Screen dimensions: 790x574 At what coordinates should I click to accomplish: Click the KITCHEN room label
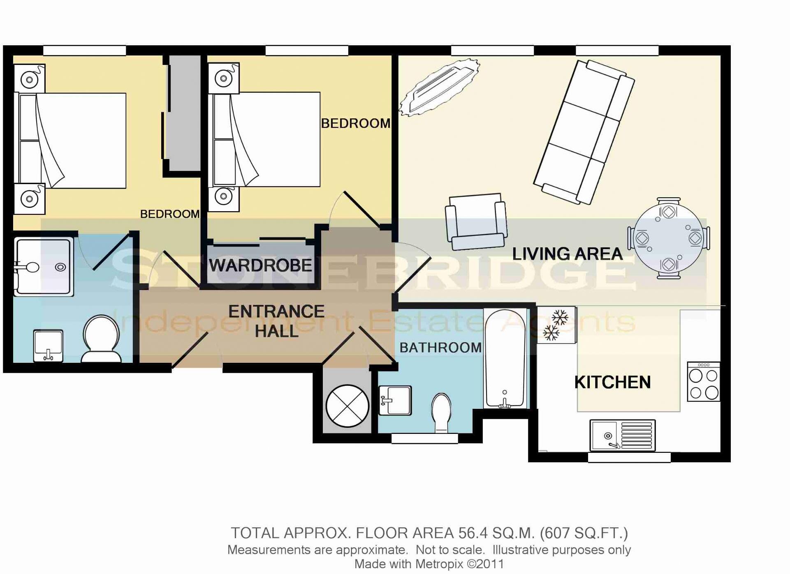pos(612,382)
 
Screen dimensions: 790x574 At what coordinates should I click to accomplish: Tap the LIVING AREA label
pos(567,254)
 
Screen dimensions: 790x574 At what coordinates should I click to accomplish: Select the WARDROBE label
pos(260,265)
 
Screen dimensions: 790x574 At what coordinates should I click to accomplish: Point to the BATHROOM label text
pos(440,348)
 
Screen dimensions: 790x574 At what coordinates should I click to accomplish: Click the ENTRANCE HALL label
pos(276,321)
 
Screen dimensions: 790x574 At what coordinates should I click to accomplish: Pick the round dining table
pos(668,238)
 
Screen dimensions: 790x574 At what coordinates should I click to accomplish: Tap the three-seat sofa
pos(584,132)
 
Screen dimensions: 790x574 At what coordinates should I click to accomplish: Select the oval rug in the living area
pos(440,87)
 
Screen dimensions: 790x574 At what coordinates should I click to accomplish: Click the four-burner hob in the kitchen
pos(704,382)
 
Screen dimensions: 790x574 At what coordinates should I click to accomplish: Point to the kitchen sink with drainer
pos(622,435)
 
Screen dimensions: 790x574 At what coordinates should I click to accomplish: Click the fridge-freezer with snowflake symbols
pos(556,325)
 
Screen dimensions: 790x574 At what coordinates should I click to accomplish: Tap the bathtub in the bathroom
pos(505,358)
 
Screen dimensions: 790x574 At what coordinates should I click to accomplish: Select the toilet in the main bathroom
pos(441,413)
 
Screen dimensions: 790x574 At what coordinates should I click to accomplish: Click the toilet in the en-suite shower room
pos(102,339)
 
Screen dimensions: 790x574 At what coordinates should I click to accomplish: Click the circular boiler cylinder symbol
pos(347,406)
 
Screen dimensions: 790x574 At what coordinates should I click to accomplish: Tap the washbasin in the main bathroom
pos(395,400)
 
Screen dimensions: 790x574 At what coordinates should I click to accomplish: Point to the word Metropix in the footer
pos(440,564)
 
